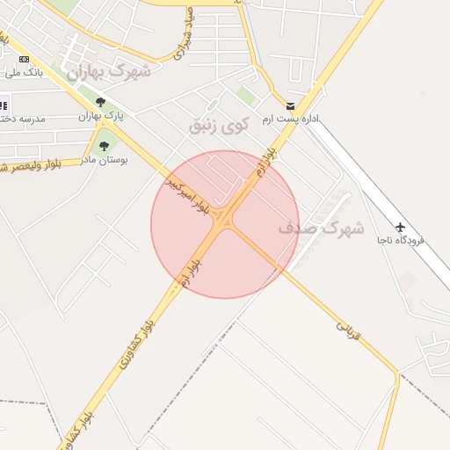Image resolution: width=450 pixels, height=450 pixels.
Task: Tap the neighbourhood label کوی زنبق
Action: [219, 125]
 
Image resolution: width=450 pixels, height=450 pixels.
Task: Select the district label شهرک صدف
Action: [321, 228]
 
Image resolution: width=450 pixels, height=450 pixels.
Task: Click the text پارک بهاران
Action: [102, 116]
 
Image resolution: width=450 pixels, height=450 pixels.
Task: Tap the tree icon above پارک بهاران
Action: [100, 102]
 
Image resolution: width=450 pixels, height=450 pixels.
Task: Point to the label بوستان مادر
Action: [104, 160]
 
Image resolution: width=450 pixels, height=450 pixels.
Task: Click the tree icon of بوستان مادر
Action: [104, 146]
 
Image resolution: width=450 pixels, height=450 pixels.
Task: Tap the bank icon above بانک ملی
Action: [23, 59]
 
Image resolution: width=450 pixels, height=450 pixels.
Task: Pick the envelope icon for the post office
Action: [290, 105]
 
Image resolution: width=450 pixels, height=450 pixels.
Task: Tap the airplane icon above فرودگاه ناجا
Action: [402, 226]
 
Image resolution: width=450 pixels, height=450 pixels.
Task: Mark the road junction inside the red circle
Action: [225, 221]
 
